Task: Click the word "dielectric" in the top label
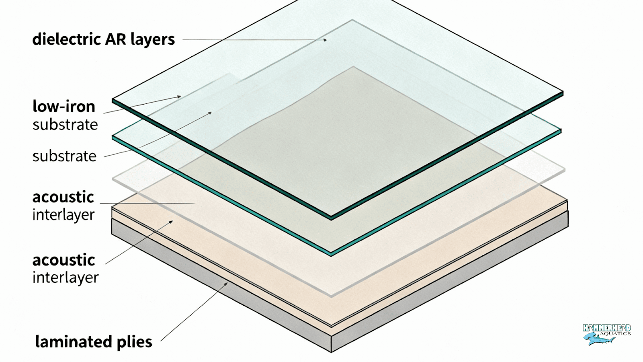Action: [66, 39]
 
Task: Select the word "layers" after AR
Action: [153, 40]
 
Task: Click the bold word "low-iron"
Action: [64, 107]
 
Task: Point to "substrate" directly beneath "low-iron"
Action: [65, 125]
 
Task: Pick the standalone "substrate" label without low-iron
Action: [64, 156]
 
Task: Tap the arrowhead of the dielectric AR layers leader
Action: [325, 40]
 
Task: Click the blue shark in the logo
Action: [598, 340]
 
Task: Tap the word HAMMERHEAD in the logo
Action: [606, 328]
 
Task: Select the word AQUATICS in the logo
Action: [615, 333]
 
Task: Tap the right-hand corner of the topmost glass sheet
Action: [563, 93]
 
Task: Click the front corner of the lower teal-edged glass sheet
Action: [332, 254]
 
